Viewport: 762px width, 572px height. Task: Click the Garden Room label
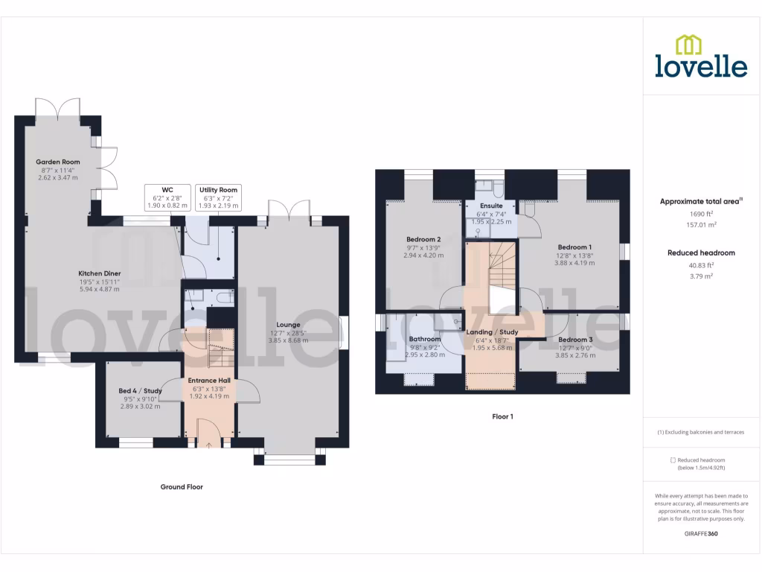click(x=58, y=162)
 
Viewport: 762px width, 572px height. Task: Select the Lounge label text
click(x=288, y=325)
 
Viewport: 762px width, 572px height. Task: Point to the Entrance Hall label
click(x=209, y=380)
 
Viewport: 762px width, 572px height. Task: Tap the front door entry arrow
click(x=209, y=445)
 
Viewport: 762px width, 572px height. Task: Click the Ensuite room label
click(x=491, y=206)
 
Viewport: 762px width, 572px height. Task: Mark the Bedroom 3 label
click(x=575, y=340)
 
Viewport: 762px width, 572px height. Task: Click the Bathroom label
click(x=425, y=339)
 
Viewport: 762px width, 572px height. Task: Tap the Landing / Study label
click(x=492, y=332)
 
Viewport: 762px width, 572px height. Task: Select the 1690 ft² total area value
click(x=701, y=214)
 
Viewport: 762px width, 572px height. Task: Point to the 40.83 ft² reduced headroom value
click(x=701, y=265)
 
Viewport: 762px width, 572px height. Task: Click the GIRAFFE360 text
click(x=701, y=534)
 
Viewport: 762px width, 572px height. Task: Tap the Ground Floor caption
click(x=182, y=487)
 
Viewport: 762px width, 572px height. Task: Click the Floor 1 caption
click(x=502, y=417)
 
